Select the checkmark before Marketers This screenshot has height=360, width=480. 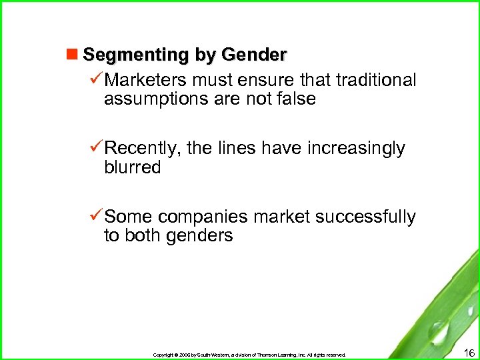96,80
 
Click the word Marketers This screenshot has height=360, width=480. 146,81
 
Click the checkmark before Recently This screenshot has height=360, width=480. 96,148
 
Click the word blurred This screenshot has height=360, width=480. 133,167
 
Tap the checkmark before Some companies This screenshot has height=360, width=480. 96,216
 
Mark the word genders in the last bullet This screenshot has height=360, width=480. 197,235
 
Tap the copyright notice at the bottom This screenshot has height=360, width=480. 249,355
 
